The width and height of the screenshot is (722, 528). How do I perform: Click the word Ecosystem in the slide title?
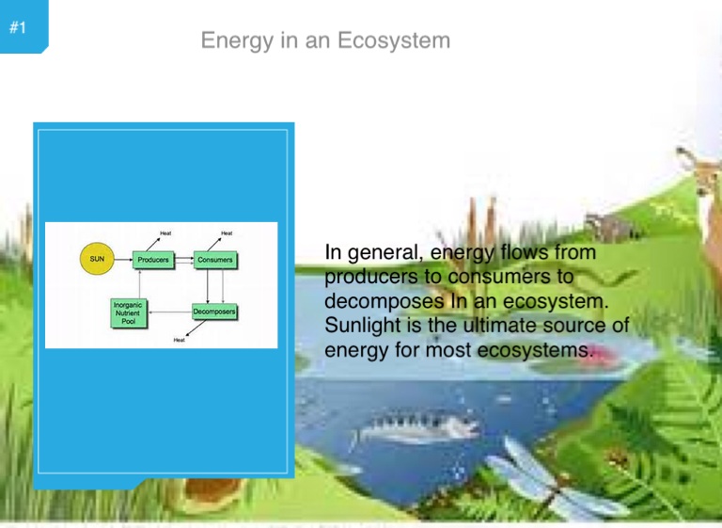394,40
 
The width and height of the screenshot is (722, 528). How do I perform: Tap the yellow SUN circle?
97,259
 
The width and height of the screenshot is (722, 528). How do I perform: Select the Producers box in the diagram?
153,260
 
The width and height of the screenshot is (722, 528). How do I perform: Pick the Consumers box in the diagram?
215,260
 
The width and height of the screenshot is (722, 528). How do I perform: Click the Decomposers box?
214,312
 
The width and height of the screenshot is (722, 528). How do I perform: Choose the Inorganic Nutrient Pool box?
129,313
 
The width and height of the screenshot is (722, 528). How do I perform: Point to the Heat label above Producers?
165,233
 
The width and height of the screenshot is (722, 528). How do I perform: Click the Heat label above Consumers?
227,233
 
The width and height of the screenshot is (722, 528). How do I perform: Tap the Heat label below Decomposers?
180,340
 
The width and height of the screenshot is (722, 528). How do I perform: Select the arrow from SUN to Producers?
123,260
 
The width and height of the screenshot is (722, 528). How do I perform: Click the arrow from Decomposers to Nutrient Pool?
170,312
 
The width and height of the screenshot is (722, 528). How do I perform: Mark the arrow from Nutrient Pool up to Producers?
139,283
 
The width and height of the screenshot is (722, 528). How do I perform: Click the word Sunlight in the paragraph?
363,326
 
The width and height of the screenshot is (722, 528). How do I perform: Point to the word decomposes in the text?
384,301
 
